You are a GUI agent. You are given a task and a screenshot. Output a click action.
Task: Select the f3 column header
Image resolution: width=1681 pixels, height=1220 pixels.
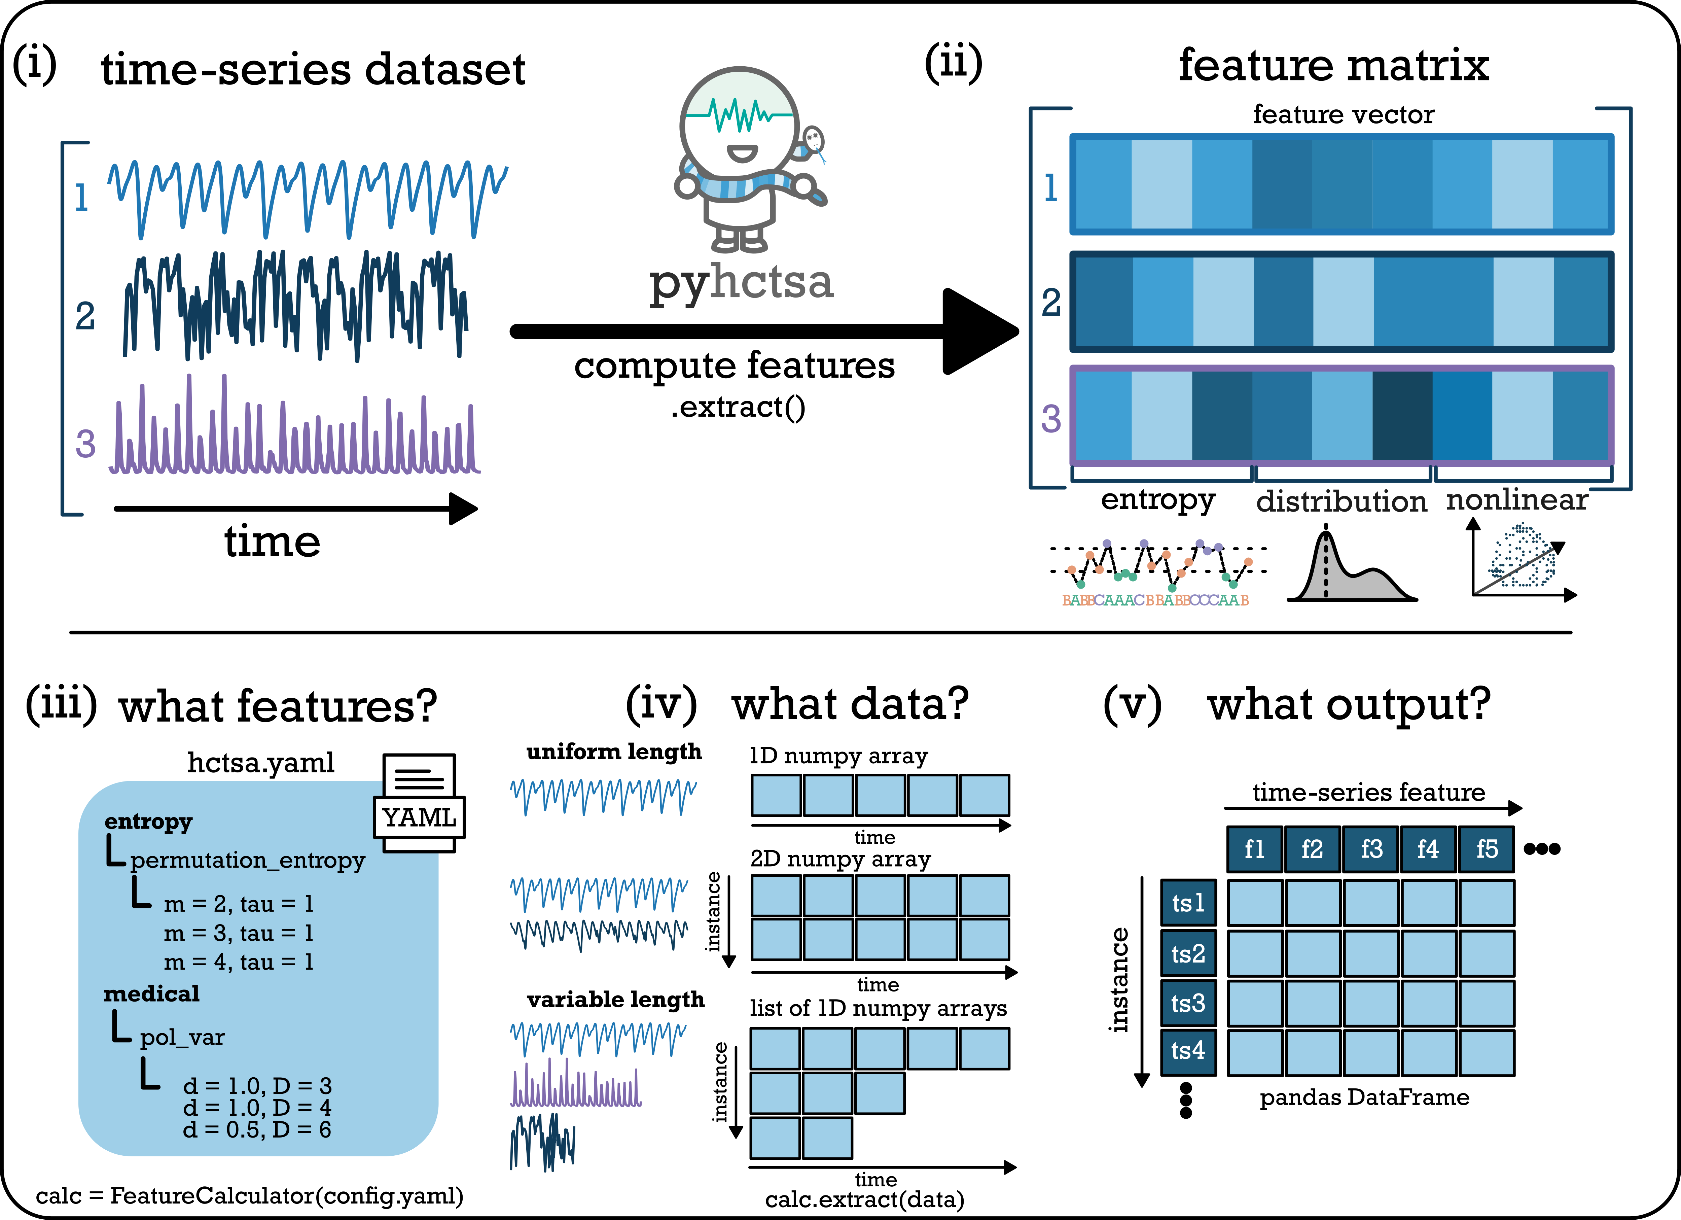[x=1371, y=849]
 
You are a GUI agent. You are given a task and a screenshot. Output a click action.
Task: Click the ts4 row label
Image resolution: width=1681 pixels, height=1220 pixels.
[x=1188, y=1051]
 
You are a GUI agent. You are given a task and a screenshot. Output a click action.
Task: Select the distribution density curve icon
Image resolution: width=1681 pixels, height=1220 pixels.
[x=1352, y=563]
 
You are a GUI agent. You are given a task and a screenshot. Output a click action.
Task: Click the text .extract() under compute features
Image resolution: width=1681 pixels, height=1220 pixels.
[x=738, y=407]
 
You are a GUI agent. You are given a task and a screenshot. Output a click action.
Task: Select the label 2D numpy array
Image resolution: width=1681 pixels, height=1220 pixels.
[x=840, y=859]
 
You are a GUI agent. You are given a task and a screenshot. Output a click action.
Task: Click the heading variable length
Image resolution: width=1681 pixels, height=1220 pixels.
[x=615, y=1000]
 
